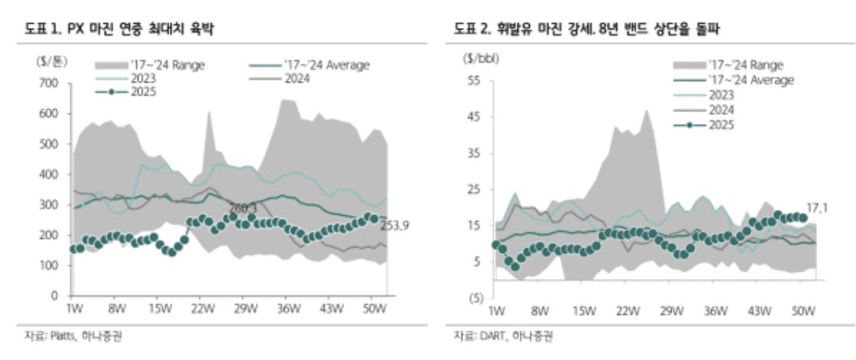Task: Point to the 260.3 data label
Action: pyautogui.click(x=243, y=208)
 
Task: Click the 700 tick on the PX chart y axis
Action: pyautogui.click(x=48, y=83)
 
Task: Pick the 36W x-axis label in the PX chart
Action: pyautogui.click(x=288, y=308)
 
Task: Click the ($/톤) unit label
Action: pyautogui.click(x=50, y=61)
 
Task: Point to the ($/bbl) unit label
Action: pyautogui.click(x=479, y=59)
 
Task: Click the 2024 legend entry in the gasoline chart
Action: pyautogui.click(x=721, y=109)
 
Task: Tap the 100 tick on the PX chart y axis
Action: pyautogui.click(x=48, y=266)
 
